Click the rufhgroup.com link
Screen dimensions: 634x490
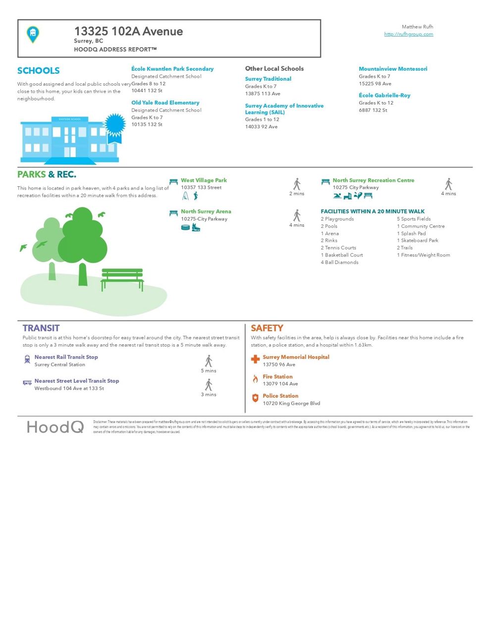[x=408, y=34]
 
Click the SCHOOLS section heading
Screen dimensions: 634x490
[x=38, y=71]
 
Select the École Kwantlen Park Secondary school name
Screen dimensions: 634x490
[x=172, y=69]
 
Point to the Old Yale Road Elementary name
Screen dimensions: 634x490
[x=165, y=103]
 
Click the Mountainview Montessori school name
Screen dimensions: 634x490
[x=393, y=69]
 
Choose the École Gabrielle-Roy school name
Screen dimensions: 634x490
[x=384, y=95]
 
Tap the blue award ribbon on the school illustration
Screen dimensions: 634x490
[x=114, y=126]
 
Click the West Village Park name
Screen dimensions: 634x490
[x=204, y=180]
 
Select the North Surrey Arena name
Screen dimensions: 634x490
[x=206, y=211]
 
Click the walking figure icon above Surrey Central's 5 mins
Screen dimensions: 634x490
[x=209, y=361]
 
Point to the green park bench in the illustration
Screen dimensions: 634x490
[x=122, y=279]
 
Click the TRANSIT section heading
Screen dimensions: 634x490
[x=41, y=328]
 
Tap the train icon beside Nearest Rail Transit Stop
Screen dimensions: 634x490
[x=27, y=360]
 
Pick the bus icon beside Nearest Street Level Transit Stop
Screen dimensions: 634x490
[x=27, y=383]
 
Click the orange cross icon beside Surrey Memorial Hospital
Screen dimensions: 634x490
[x=255, y=359]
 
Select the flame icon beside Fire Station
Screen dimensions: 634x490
[x=255, y=379]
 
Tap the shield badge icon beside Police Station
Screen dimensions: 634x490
[x=255, y=398]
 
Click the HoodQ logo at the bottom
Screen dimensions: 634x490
[x=55, y=427]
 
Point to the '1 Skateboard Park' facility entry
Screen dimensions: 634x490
[x=417, y=241]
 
